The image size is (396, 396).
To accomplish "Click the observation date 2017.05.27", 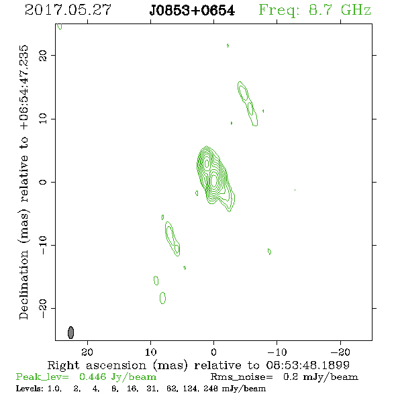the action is click(68, 10).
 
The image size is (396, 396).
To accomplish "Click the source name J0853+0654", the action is click(192, 11).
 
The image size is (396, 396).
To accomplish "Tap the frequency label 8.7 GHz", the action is click(340, 10).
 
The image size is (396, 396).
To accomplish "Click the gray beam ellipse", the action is click(71, 332).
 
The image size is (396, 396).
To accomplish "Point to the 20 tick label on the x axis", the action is click(87, 352).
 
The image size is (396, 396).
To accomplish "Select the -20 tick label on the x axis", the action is click(340, 352).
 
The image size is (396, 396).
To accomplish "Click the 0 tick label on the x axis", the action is click(213, 352).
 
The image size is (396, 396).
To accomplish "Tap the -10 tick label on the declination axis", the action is click(43, 245).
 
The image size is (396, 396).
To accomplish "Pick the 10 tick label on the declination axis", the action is click(43, 119).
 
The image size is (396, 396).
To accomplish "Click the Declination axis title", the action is click(23, 182).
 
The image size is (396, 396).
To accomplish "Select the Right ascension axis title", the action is click(199, 365).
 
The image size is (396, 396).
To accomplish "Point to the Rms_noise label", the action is click(242, 377).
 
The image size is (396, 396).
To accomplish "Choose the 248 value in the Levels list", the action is click(211, 388).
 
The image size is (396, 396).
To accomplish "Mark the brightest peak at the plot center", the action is click(214, 180).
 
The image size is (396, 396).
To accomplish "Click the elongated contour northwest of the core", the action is click(248, 103).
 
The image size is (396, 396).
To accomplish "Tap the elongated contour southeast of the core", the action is click(172, 239).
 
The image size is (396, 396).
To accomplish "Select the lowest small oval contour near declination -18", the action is click(162, 298).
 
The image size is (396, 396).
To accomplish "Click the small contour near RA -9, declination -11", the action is click(269, 252).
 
